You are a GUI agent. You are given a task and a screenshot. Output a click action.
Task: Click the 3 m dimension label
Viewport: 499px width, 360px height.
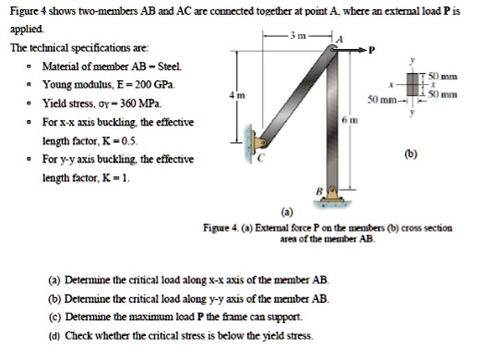click(297, 35)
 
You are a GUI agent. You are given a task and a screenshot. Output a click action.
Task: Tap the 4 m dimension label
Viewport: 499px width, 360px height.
click(237, 95)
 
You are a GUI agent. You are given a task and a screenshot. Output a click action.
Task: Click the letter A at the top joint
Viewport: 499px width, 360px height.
click(339, 40)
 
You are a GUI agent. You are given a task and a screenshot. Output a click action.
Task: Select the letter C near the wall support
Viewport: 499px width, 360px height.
click(261, 157)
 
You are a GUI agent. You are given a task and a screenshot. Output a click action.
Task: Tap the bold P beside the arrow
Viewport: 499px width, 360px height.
click(372, 50)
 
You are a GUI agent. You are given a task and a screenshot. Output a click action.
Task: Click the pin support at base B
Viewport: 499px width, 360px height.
click(332, 195)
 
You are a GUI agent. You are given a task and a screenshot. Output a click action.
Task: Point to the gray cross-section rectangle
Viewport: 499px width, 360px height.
click(413, 84)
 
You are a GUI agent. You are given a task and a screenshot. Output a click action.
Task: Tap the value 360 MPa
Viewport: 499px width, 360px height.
click(150, 103)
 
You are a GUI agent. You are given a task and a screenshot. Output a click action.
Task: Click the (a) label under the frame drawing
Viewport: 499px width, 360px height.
click(287, 212)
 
